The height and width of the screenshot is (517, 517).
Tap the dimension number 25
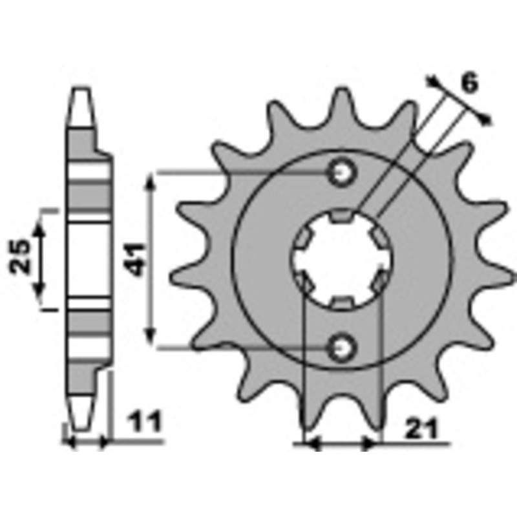[20, 257]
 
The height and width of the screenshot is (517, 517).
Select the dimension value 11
[145, 422]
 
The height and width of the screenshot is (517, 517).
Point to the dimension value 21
[422, 429]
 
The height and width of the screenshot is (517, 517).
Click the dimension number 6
[470, 83]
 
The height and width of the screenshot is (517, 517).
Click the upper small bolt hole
[341, 172]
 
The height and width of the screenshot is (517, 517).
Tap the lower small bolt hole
[341, 347]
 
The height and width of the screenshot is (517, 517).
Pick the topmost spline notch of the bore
[342, 215]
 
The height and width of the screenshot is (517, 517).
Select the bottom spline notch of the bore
[342, 302]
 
